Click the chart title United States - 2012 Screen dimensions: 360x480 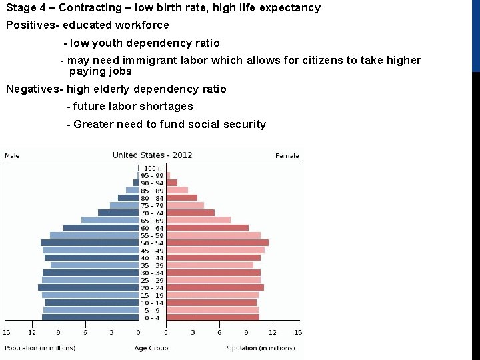(x=152, y=155)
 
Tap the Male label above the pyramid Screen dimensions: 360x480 (x=12, y=156)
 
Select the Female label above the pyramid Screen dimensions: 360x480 (x=287, y=156)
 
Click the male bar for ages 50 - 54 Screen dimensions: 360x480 (x=89, y=243)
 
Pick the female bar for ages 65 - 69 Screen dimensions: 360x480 (x=198, y=220)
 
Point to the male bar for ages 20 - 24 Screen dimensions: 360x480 (x=88, y=287)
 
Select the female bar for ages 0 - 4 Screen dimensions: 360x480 (x=212, y=317)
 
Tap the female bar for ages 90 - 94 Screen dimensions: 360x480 (x=171, y=183)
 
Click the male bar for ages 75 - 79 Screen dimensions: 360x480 (x=124, y=205)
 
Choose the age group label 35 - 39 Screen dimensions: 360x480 (x=152, y=265)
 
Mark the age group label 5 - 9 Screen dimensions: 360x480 (x=152, y=310)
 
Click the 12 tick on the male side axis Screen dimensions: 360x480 (x=32, y=332)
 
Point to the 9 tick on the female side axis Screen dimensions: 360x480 (x=246, y=332)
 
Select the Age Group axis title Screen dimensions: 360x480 (x=151, y=348)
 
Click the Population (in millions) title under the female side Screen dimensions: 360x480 (x=259, y=348)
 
